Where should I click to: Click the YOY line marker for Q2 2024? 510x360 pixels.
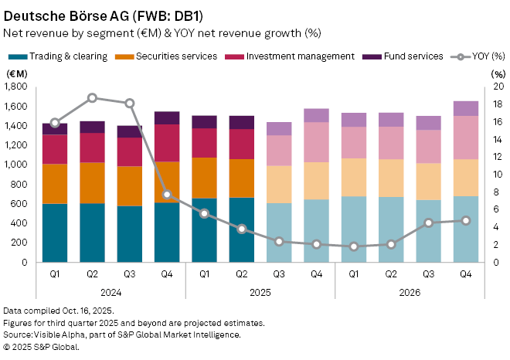click(92, 98)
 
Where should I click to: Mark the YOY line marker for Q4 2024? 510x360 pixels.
click(167, 195)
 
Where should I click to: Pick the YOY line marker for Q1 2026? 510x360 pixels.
click(354, 246)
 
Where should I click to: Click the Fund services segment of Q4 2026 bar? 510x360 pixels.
click(466, 108)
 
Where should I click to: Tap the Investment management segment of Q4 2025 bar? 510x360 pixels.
click(316, 142)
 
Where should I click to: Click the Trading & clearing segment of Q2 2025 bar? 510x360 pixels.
click(242, 230)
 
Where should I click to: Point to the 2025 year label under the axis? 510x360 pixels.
click(260, 291)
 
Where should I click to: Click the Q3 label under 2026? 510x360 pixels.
click(429, 273)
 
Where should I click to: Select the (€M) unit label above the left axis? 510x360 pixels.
click(16, 73)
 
